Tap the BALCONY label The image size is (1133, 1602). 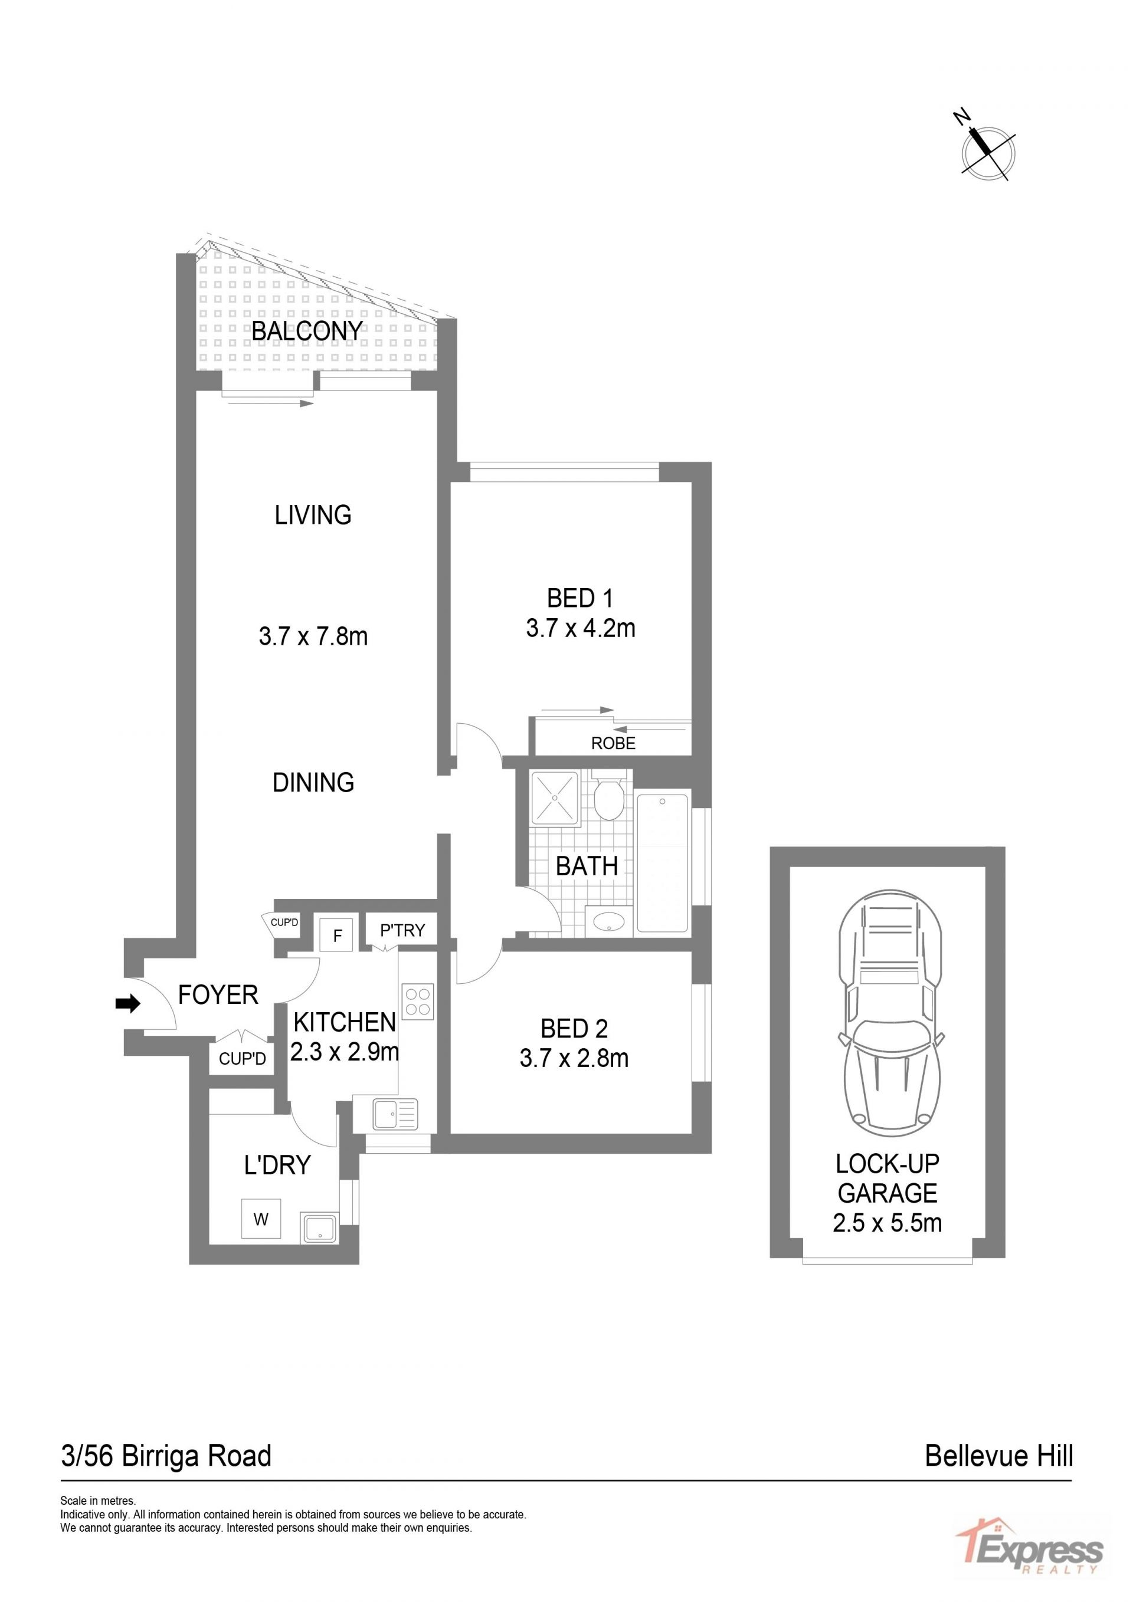click(x=307, y=331)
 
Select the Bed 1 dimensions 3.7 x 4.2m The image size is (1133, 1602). click(x=581, y=628)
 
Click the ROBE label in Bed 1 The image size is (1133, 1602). click(x=613, y=743)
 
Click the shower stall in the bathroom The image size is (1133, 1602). click(x=555, y=797)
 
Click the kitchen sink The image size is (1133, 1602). click(x=395, y=1114)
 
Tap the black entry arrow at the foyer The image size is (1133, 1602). click(x=127, y=1003)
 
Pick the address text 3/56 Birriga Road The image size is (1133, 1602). click(x=166, y=1456)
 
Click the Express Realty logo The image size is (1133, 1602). click(x=1029, y=1553)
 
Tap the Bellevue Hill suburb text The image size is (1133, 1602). click(x=998, y=1456)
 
